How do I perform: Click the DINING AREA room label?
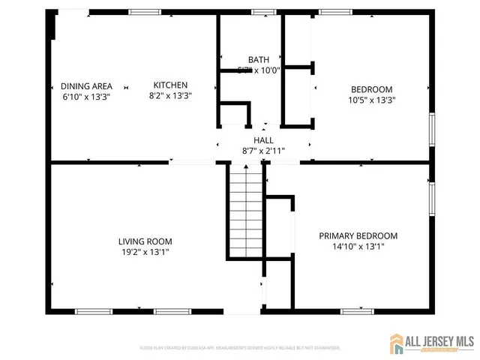[x=86, y=85]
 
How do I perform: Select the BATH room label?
[x=259, y=60]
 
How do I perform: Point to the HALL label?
[x=263, y=140]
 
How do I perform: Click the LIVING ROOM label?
[x=145, y=241]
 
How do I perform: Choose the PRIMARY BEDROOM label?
[x=358, y=235]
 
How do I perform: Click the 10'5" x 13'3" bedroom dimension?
[x=371, y=100]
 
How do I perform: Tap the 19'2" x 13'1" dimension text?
[x=145, y=253]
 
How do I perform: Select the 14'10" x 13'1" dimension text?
[x=358, y=247]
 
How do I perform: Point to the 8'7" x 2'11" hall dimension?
[x=263, y=151]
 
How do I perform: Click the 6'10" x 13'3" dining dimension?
[x=86, y=96]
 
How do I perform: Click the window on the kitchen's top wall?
[x=144, y=12]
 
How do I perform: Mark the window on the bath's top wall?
[x=263, y=12]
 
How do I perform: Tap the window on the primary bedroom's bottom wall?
[x=357, y=310]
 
